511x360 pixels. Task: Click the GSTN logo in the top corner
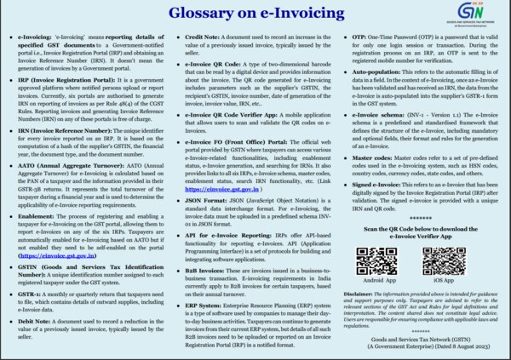coord(486,15)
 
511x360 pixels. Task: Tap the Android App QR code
coord(372,260)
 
